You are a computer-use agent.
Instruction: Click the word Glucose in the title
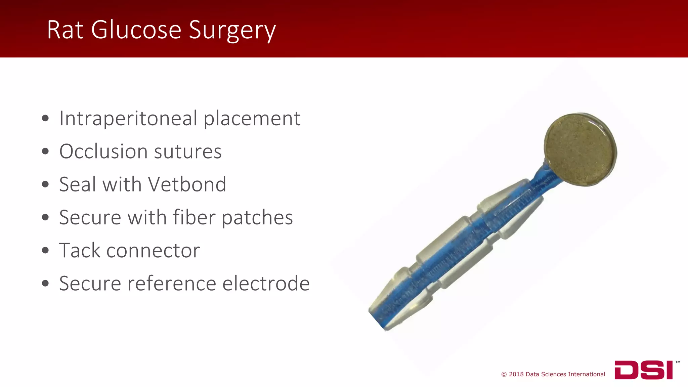coord(136,30)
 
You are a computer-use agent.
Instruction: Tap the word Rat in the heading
coord(65,30)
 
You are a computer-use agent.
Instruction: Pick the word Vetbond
coord(187,184)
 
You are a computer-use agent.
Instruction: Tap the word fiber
coord(194,217)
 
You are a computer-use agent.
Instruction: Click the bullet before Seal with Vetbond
coord(46,184)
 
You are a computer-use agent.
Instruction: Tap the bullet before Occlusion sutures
coord(46,152)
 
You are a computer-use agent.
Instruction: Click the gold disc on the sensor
coord(580,149)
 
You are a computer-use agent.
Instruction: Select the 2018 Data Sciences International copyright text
coord(553,374)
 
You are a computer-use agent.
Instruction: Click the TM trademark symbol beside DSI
coord(678,362)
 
